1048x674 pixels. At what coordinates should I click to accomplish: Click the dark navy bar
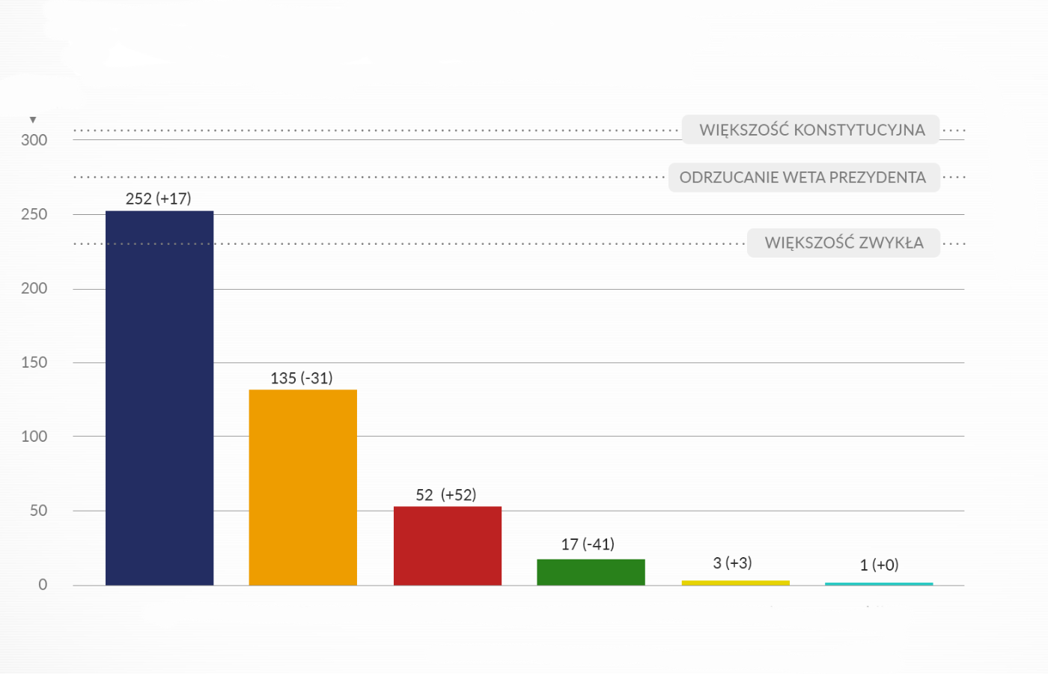point(159,398)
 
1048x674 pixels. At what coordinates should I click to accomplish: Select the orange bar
point(302,487)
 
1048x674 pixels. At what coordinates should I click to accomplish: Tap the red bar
point(448,545)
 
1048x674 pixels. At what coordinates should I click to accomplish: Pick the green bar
point(591,571)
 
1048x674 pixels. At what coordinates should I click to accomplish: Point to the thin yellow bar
point(735,582)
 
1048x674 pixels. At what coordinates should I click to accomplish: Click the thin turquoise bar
point(879,583)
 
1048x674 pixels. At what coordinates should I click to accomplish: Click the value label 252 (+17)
point(159,198)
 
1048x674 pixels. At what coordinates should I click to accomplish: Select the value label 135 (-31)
point(302,378)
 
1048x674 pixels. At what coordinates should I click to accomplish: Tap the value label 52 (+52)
point(446,495)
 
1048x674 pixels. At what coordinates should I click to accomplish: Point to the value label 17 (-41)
point(588,544)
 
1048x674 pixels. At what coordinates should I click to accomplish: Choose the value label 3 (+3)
point(732,563)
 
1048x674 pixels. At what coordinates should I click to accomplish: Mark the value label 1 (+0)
point(879,565)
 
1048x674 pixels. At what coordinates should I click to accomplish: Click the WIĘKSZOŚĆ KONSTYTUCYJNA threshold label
point(811,130)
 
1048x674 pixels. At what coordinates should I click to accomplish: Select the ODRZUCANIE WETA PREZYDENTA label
point(802,177)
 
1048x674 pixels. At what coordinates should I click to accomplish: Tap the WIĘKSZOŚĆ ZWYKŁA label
point(844,243)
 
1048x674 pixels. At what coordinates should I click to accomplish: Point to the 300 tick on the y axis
point(34,140)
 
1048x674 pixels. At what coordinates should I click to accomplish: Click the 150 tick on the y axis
point(34,362)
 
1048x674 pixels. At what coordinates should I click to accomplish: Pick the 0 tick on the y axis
point(43,585)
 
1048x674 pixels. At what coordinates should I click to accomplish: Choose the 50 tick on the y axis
point(38,511)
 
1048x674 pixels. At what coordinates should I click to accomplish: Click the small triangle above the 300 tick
point(33,120)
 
